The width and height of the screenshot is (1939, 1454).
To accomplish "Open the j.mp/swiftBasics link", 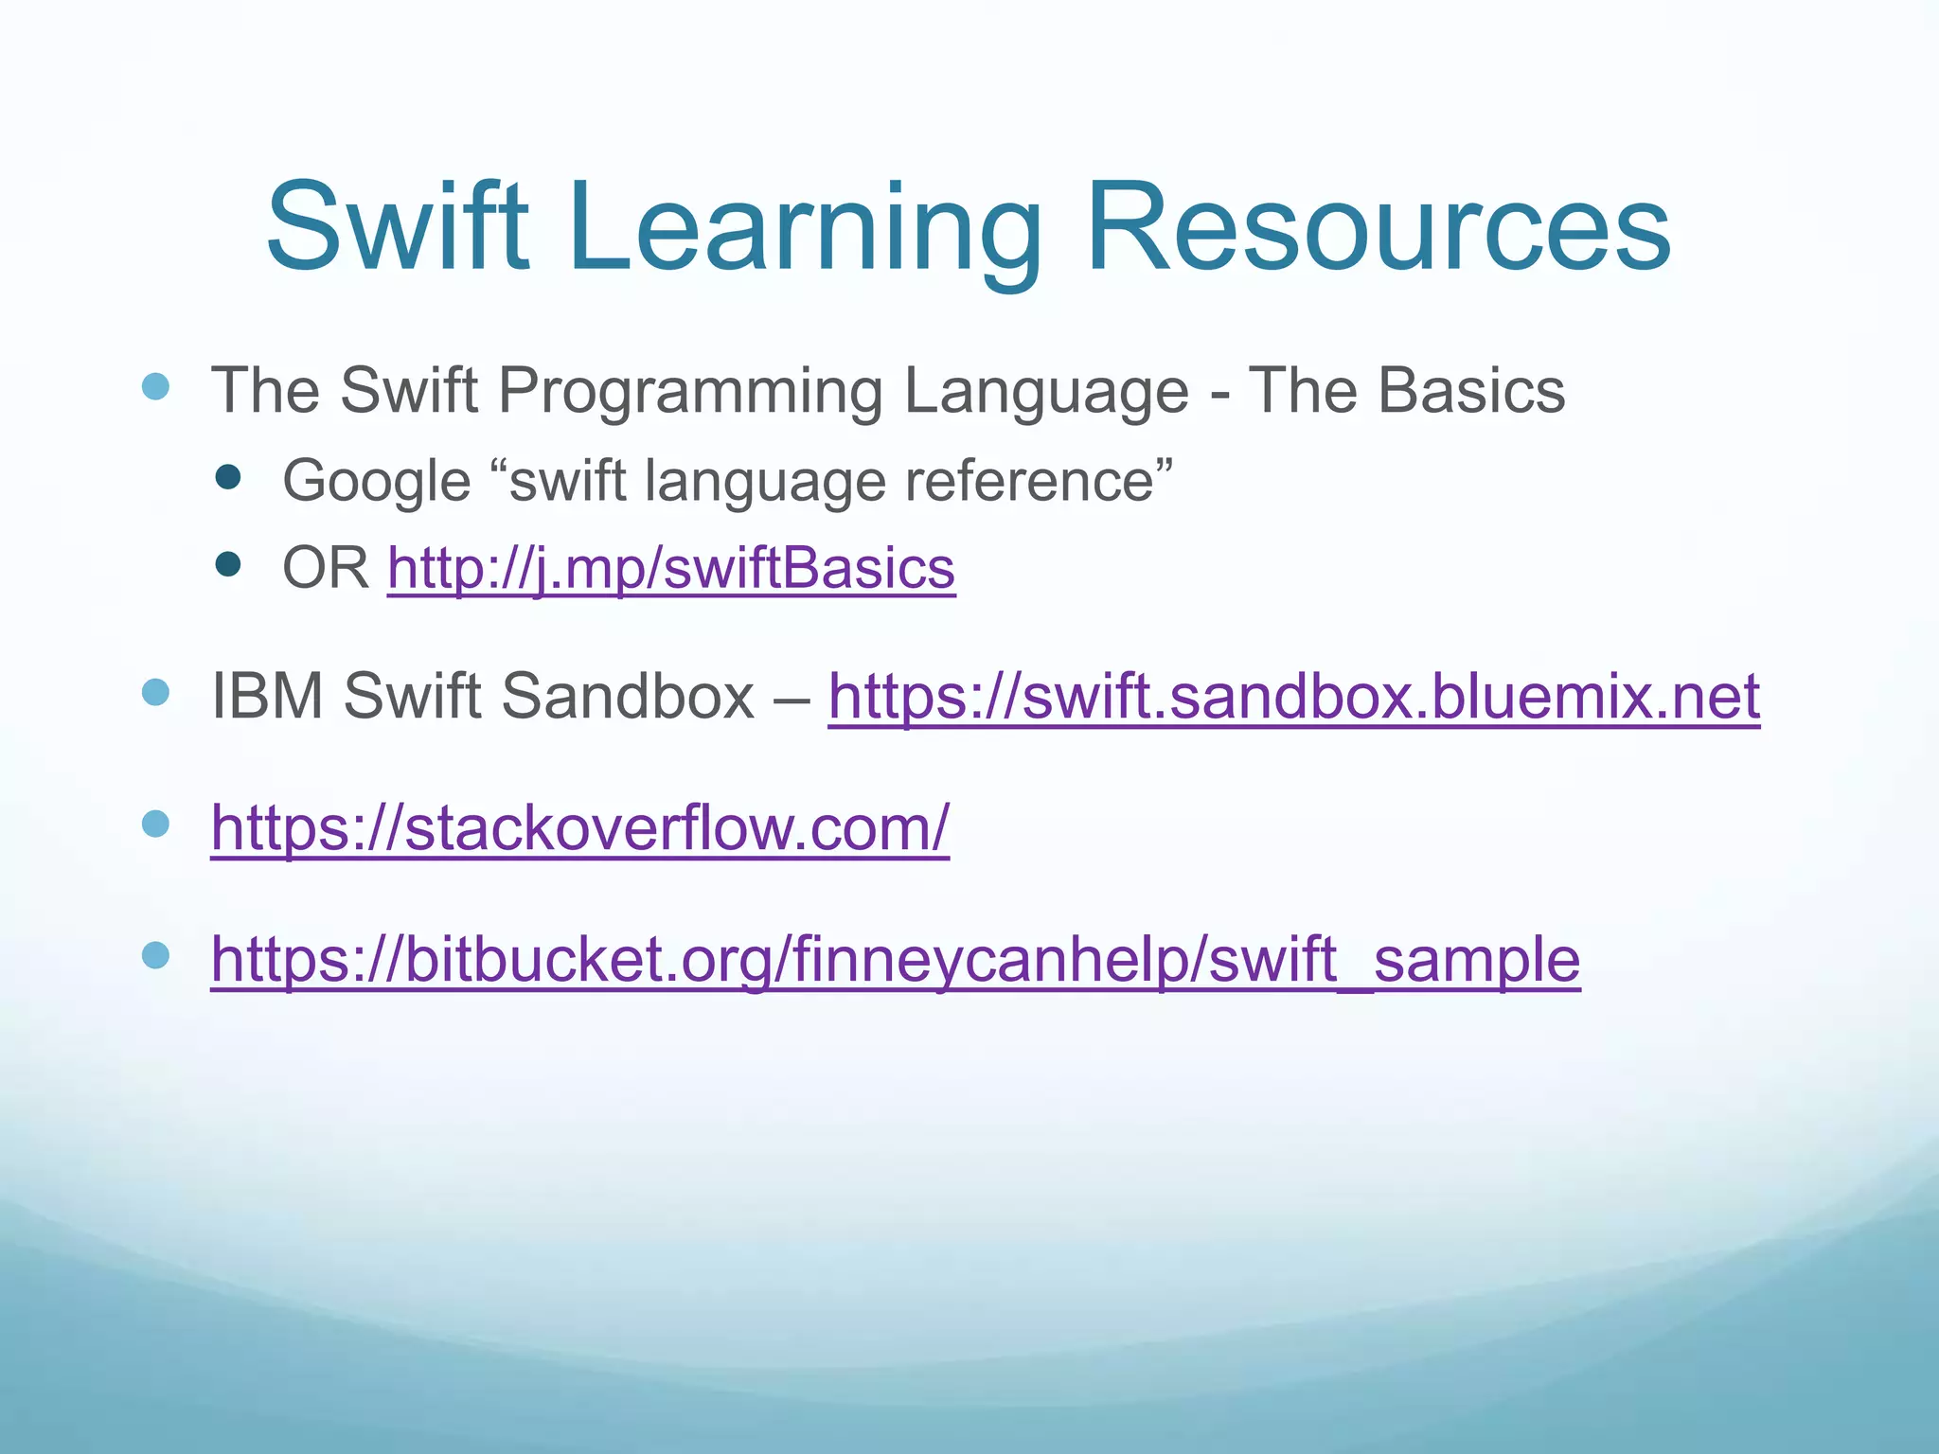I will coord(671,569).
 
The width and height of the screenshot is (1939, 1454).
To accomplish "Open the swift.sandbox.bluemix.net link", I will coord(1293,697).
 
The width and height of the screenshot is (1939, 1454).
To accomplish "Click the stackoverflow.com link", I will coord(579,828).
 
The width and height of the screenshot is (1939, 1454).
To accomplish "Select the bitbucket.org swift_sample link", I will coord(895,960).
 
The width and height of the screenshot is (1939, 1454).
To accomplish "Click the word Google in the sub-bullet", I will coord(376,481).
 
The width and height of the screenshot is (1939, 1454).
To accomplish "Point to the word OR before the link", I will coord(325,569).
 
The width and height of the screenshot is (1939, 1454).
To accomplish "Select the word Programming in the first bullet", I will coord(690,392).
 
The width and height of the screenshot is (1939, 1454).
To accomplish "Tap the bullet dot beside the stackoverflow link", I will coord(155,824).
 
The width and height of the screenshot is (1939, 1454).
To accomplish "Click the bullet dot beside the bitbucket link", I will coord(155,955).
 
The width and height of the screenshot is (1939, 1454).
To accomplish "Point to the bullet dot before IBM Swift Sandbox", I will coord(155,692).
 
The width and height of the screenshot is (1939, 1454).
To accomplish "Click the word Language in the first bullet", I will coord(1045,392).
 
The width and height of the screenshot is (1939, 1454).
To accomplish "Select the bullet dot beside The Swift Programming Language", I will coord(155,386).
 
